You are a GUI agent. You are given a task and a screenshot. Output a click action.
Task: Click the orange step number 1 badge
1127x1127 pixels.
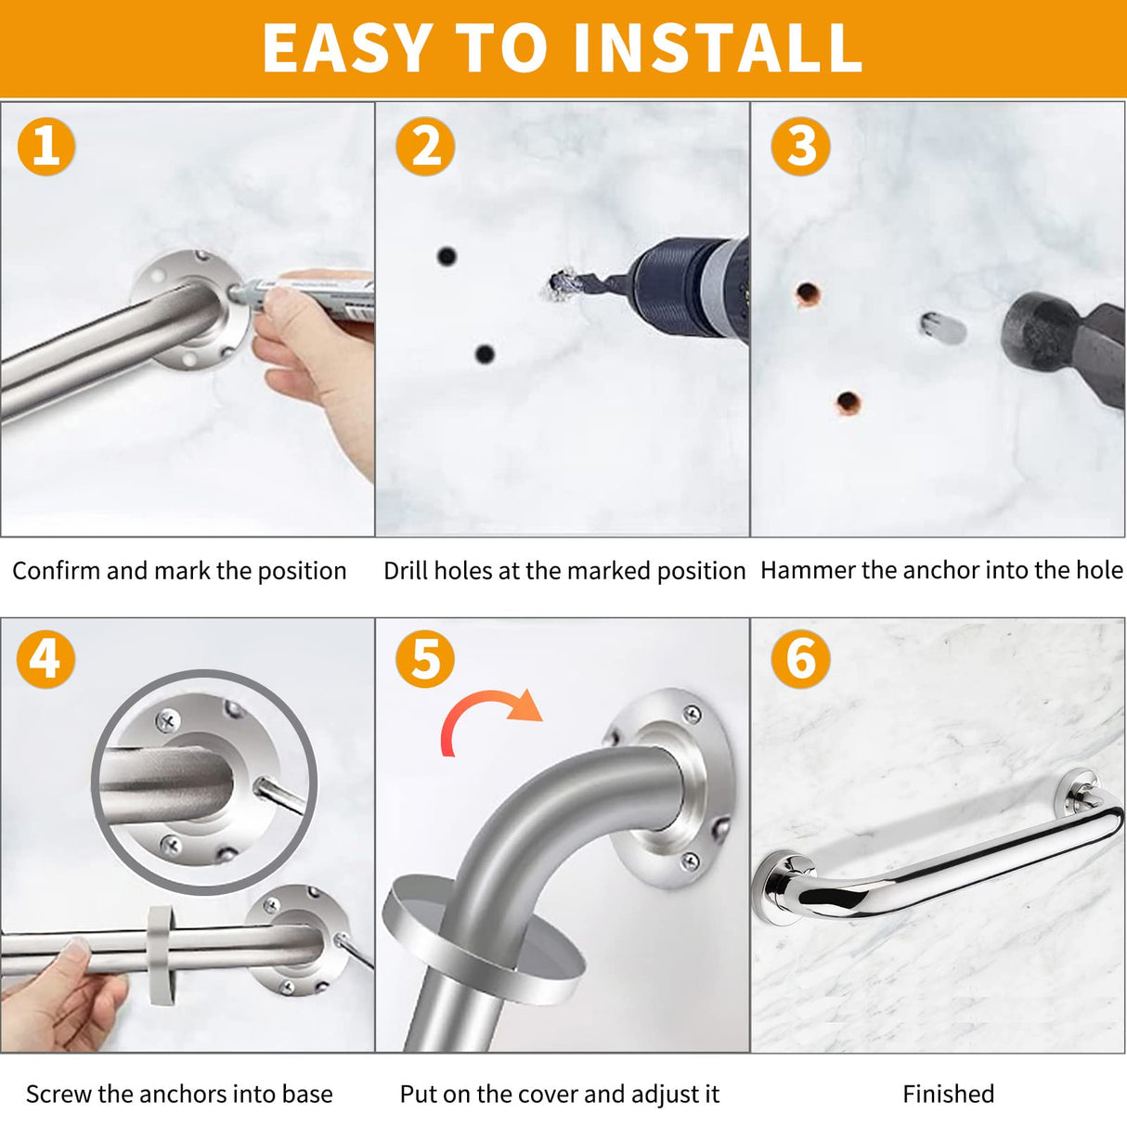point(45,147)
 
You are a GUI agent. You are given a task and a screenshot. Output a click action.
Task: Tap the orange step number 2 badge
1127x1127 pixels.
point(424,147)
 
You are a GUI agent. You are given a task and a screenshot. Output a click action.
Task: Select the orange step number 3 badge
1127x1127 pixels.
point(800,147)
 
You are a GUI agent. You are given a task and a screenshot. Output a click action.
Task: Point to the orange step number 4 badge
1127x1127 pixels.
point(45,659)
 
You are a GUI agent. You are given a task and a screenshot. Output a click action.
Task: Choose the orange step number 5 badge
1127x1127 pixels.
point(424,659)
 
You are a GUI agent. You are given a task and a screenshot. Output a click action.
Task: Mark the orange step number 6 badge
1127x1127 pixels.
point(800,659)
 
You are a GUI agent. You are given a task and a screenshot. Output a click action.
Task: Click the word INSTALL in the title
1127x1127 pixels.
point(717,48)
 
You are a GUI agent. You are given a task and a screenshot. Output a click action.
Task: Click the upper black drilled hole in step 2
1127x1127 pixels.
point(447,255)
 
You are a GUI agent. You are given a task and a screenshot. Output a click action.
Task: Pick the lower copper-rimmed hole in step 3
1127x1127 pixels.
point(848,403)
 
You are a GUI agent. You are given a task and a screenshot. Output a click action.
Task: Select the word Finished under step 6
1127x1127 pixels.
point(948,1095)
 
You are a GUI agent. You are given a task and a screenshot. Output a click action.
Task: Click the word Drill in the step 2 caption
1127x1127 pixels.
point(405,570)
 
